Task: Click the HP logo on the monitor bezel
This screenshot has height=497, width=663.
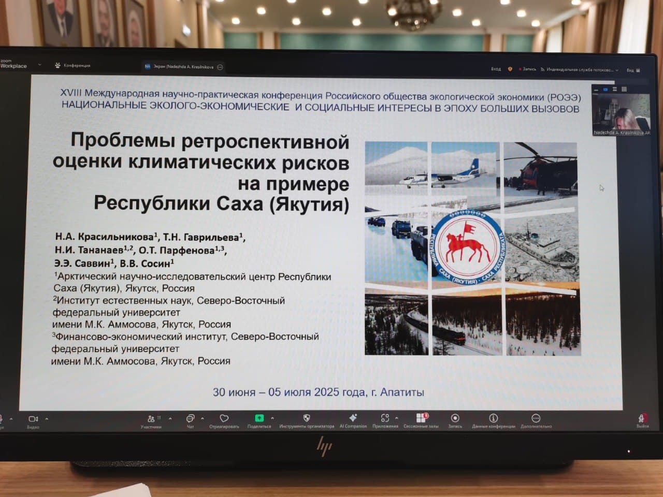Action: click(324, 446)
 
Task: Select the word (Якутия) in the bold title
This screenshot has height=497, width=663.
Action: click(309, 204)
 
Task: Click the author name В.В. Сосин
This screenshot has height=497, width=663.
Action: click(146, 264)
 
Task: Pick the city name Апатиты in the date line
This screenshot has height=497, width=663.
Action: click(402, 392)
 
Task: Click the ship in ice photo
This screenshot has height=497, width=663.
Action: click(540, 248)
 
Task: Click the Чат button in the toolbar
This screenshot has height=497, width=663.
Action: click(190, 419)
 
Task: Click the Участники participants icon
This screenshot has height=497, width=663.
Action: click(151, 419)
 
